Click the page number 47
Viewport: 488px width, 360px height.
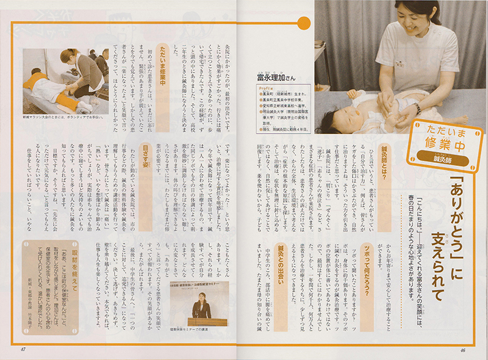pos(22,348)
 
